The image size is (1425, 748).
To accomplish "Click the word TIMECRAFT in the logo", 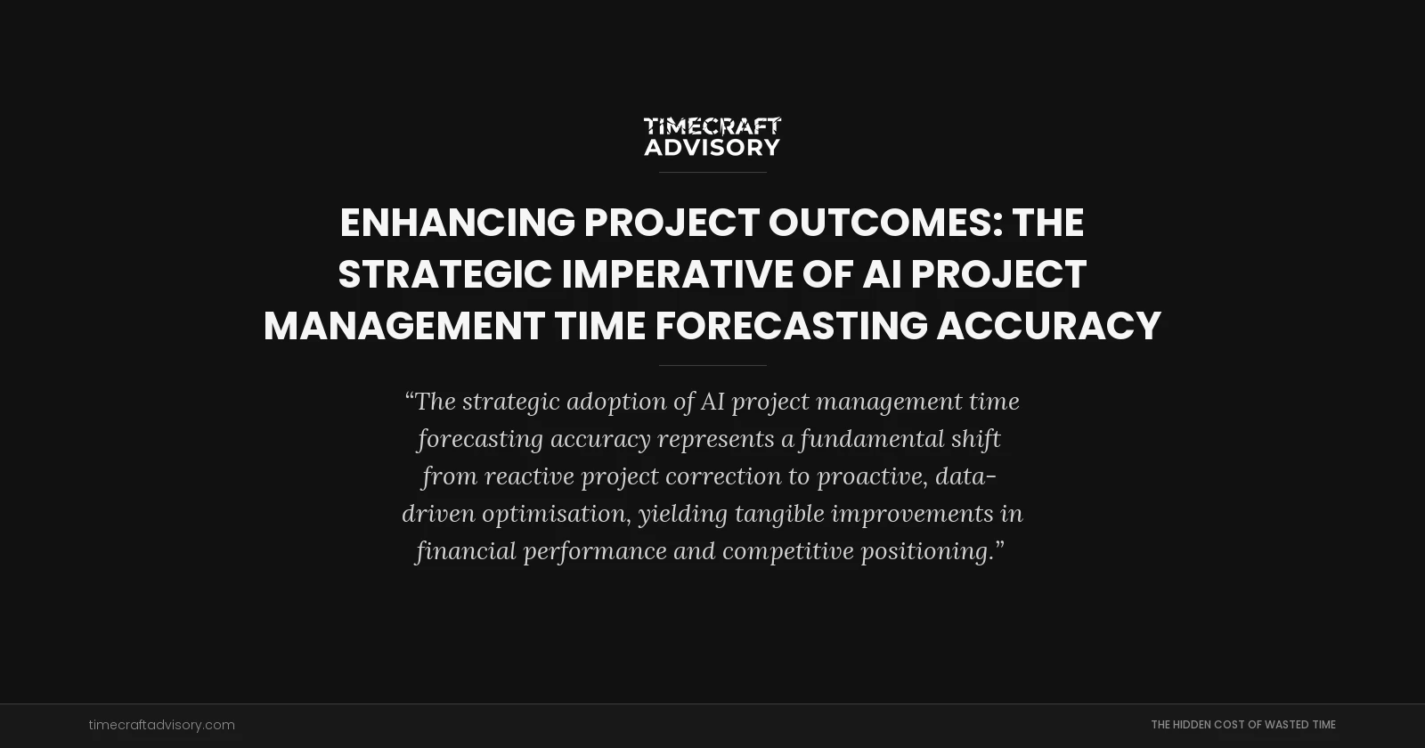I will click(712, 126).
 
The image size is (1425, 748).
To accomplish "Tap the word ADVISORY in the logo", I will click(712, 147).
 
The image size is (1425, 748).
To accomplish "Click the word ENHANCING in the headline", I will click(458, 223).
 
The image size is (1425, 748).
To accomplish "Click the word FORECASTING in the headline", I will click(792, 326).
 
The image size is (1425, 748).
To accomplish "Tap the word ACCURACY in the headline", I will click(1048, 326).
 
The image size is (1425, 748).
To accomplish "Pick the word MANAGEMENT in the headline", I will click(404, 326).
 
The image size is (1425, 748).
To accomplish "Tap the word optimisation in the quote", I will click(556, 514).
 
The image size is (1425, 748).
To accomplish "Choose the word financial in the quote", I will click(465, 551).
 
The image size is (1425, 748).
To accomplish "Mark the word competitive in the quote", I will click(788, 551).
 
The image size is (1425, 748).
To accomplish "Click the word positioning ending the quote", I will click(926, 551).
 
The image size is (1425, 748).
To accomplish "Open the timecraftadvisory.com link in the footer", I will click(162, 725).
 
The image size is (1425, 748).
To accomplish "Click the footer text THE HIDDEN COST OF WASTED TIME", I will click(1242, 725).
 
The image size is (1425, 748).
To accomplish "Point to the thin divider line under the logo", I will click(712, 172).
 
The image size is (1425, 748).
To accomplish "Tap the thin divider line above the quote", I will click(712, 365).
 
